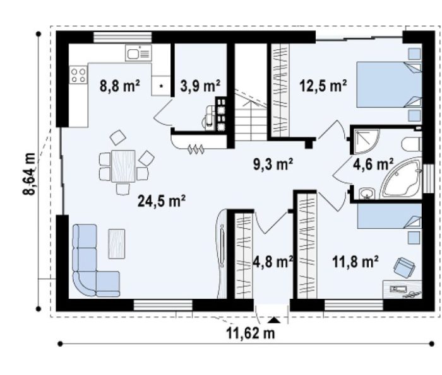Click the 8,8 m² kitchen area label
120,86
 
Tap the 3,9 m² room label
200,86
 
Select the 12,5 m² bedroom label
323,86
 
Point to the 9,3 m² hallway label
273,164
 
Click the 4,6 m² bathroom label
373,164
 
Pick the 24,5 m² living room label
162,201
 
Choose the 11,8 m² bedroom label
355,262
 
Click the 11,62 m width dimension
250,333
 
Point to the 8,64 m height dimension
29,173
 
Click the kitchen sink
139,52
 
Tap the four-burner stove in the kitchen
78,76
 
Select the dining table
123,166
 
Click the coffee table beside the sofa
117,244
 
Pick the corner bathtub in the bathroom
401,178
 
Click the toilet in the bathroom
412,144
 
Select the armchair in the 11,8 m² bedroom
404,267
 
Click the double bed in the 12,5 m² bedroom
390,84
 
